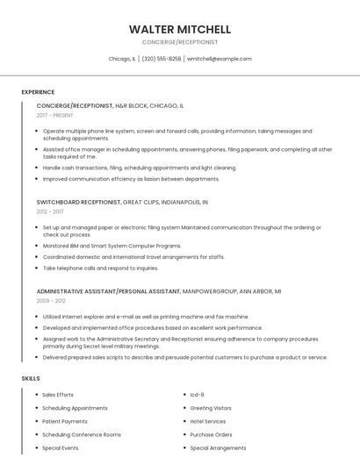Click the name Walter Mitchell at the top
179,29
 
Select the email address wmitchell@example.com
219,59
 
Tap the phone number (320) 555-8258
162,59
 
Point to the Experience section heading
38,92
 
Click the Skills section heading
31,378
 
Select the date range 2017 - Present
55,115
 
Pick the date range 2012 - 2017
50,211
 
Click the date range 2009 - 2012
51,300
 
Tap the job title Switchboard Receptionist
79,202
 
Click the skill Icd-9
198,395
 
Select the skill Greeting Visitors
211,408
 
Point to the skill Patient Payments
65,421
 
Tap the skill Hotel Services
208,421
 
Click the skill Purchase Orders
211,434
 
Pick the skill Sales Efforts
58,395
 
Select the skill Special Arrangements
218,447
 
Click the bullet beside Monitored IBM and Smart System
36,247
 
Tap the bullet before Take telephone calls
36,268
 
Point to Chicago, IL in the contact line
122,59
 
